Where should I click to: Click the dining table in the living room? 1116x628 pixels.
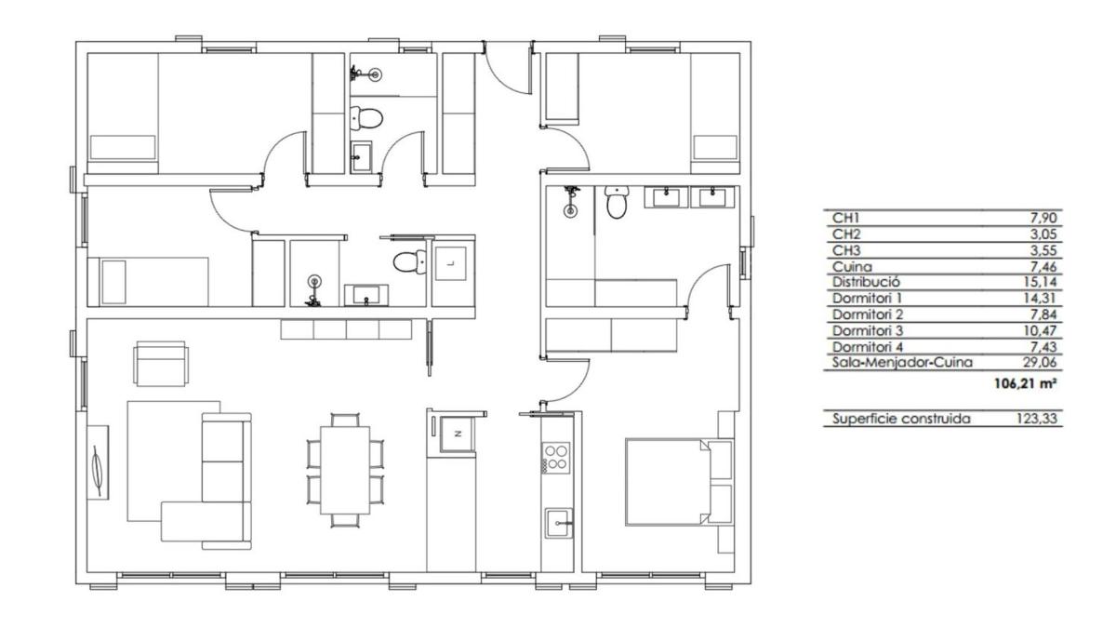(x=345, y=470)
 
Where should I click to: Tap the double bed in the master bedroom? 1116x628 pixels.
(x=668, y=482)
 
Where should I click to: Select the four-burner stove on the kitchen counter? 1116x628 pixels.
(x=556, y=458)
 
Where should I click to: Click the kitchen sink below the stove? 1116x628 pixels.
(x=559, y=523)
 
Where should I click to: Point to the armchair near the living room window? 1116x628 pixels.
(x=162, y=364)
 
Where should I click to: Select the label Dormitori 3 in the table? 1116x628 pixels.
(x=868, y=330)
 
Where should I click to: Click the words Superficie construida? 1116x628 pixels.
(x=901, y=418)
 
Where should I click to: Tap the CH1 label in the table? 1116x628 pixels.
(x=846, y=218)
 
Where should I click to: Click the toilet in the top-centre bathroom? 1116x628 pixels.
(x=366, y=118)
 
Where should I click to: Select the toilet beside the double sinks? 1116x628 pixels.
(x=617, y=202)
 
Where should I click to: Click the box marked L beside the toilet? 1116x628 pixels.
(x=451, y=262)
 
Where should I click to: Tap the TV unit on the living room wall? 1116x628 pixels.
(x=98, y=462)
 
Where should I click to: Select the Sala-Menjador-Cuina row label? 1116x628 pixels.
(x=902, y=362)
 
